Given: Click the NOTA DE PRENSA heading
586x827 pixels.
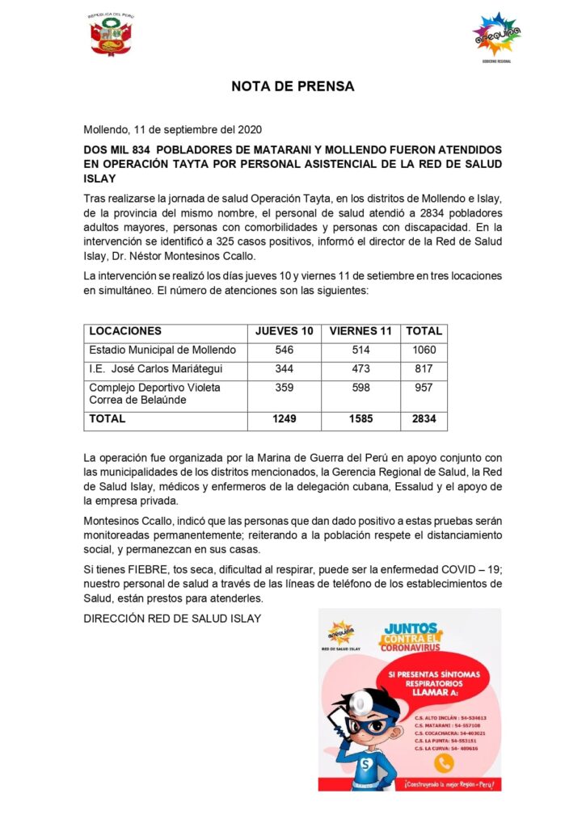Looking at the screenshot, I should point(293,86).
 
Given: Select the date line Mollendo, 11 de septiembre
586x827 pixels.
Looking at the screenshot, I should point(173,129).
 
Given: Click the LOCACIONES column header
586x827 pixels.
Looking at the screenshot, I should point(125,331).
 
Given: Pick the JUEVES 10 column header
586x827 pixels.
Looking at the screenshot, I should point(284,331).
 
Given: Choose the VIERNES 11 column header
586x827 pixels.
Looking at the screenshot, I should point(360,331).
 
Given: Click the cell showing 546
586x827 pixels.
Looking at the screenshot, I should point(284,351).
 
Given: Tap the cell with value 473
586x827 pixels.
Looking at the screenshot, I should point(360,369).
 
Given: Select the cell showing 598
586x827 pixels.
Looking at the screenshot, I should point(360,388).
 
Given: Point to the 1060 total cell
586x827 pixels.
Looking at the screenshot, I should point(424,351).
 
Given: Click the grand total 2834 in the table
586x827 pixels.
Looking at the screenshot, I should point(424,419).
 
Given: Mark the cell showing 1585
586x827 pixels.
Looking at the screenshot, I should point(360,419).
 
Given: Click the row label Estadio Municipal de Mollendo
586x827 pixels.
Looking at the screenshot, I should point(162,351).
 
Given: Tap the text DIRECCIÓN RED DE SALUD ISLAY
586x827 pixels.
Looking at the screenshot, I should point(172,619).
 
